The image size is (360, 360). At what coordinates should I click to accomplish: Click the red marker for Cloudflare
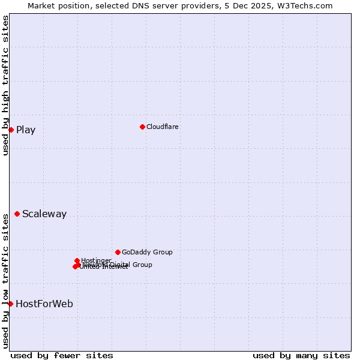[142, 127]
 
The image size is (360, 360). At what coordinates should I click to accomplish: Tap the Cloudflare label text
[163, 127]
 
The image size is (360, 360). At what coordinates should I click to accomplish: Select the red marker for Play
[11, 130]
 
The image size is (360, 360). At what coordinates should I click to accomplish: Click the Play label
[26, 130]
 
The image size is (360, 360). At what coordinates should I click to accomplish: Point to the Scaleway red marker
[17, 214]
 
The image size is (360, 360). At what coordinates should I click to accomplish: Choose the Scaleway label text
[44, 214]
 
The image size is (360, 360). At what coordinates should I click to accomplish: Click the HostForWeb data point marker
[10, 304]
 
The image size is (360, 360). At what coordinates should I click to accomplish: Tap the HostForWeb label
[44, 304]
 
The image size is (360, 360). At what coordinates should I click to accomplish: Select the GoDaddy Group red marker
[118, 252]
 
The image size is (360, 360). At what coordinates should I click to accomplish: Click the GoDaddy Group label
[147, 252]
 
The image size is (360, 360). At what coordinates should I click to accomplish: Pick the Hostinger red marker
[77, 260]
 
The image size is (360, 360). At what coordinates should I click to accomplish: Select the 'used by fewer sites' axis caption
[62, 355]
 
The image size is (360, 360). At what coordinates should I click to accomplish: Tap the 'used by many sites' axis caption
[301, 355]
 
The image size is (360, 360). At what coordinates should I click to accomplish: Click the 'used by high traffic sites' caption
[5, 85]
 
